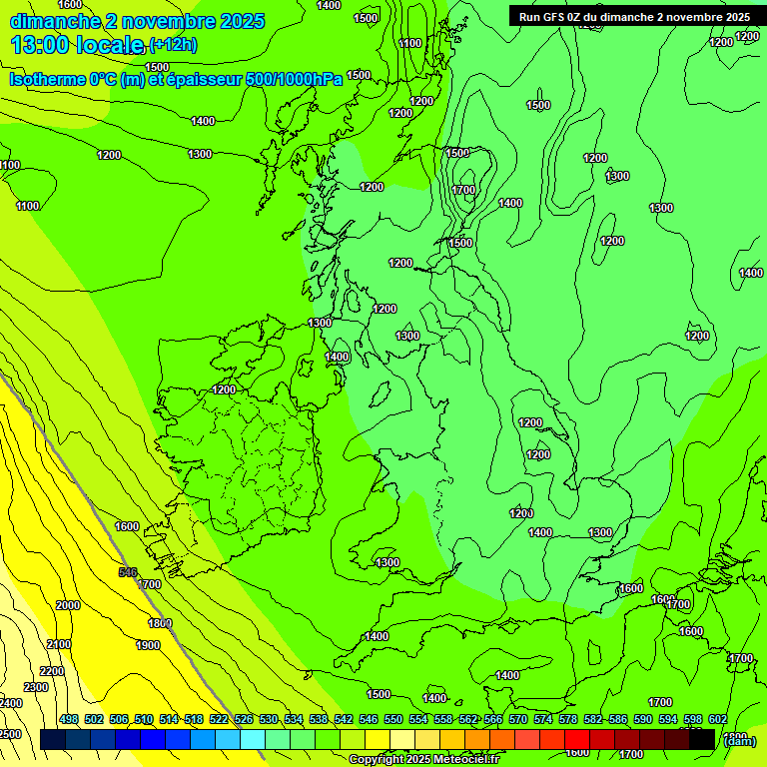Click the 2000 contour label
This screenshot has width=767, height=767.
[x=68, y=605]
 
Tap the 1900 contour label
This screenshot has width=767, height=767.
[x=148, y=645]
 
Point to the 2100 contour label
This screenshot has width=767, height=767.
[x=59, y=644]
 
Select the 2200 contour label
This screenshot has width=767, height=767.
[x=52, y=670]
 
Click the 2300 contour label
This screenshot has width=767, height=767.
[x=36, y=687]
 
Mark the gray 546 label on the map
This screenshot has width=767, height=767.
[x=127, y=572]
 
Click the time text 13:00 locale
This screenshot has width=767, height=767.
[x=77, y=44]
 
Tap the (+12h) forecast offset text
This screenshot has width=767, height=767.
[x=174, y=44]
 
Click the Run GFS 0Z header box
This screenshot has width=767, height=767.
[x=634, y=16]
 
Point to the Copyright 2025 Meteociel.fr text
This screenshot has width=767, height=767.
[x=423, y=759]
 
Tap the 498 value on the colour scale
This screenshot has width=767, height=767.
[x=69, y=719]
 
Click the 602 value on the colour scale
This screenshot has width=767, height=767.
[x=716, y=719]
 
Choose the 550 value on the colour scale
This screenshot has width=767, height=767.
[x=393, y=719]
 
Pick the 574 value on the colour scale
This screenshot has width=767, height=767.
[x=542, y=719]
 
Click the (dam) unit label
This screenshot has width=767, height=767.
[x=740, y=740]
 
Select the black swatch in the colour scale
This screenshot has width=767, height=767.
[x=702, y=739]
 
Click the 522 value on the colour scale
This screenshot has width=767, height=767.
[x=219, y=719]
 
